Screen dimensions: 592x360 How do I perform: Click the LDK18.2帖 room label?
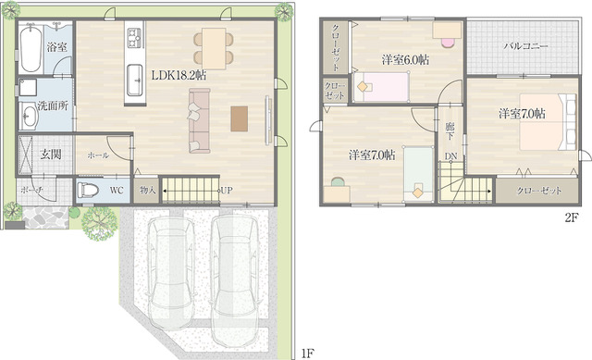[x=179, y=75]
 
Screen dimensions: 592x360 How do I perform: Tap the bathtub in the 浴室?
[x=31, y=48]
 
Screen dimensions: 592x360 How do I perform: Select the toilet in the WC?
[x=88, y=189]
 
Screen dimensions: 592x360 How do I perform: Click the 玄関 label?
[x=51, y=155]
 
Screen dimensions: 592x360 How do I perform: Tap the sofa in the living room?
[x=200, y=121]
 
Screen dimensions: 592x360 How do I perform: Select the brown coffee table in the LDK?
[x=240, y=118]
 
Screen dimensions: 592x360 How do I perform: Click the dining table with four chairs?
[x=214, y=49]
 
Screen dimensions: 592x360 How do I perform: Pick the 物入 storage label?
[x=147, y=190]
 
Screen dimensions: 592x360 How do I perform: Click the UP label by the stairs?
[x=227, y=191]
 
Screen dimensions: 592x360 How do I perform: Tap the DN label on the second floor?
[x=450, y=156]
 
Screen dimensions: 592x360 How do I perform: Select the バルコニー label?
[x=526, y=46]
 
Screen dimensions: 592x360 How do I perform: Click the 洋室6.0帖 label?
[x=405, y=59]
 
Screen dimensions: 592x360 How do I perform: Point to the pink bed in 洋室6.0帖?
[x=382, y=87]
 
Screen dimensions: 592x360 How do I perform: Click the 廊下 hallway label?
[x=450, y=131]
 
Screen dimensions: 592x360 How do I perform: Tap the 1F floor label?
[x=308, y=354]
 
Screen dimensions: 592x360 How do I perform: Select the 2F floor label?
[x=572, y=217]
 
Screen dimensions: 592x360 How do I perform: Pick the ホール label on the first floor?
[x=98, y=155]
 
